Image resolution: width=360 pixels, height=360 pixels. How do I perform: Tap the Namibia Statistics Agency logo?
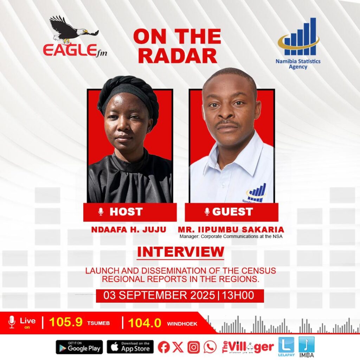298,43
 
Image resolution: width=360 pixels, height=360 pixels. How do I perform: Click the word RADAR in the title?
178,56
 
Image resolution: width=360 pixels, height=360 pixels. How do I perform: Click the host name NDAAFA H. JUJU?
129,229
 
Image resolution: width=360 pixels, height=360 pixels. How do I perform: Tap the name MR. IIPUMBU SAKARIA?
231,229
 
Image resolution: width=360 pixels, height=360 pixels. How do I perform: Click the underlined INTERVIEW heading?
180,252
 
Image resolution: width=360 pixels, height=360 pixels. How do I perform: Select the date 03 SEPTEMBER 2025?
159,295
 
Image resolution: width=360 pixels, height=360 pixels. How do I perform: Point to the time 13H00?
238,295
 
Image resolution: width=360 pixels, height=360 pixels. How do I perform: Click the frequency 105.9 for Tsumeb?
66,322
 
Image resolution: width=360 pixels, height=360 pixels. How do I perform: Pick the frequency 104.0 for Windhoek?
144,323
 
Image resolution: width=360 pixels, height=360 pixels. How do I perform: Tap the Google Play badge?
79,347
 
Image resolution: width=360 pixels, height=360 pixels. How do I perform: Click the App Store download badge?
130,347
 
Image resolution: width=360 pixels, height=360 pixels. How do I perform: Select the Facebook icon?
163,347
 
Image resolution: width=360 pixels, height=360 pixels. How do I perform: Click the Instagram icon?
194,347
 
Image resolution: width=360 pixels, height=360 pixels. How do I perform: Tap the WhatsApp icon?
210,347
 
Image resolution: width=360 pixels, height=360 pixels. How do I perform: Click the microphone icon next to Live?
12,322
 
